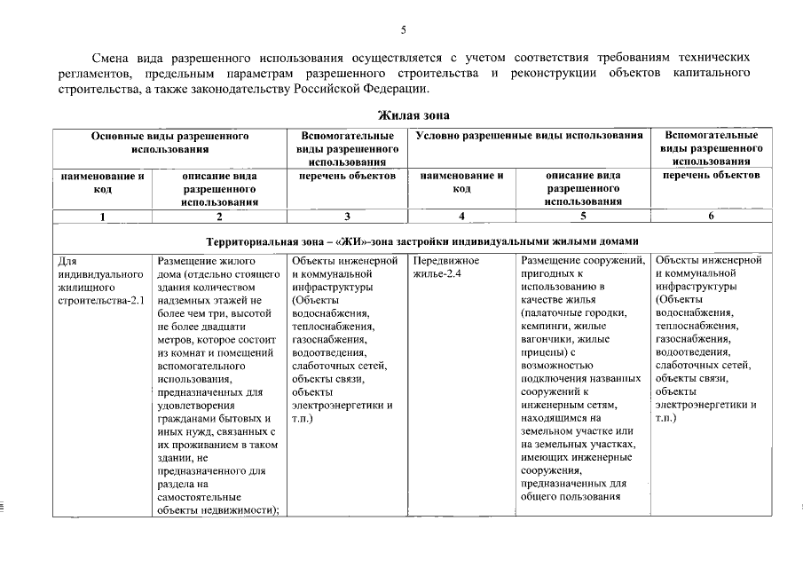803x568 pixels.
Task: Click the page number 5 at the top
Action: pyautogui.click(x=402, y=29)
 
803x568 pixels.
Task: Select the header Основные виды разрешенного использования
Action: pyautogui.click(x=168, y=143)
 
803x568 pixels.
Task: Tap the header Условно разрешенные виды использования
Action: pyautogui.click(x=529, y=137)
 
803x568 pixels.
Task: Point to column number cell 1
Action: pyautogui.click(x=102, y=217)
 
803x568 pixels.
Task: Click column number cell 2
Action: pyautogui.click(x=219, y=217)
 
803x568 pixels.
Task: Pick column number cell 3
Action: pyautogui.click(x=346, y=217)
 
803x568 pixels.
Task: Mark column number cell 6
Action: pyautogui.click(x=710, y=217)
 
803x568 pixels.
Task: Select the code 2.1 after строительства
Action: pyautogui.click(x=136, y=301)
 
